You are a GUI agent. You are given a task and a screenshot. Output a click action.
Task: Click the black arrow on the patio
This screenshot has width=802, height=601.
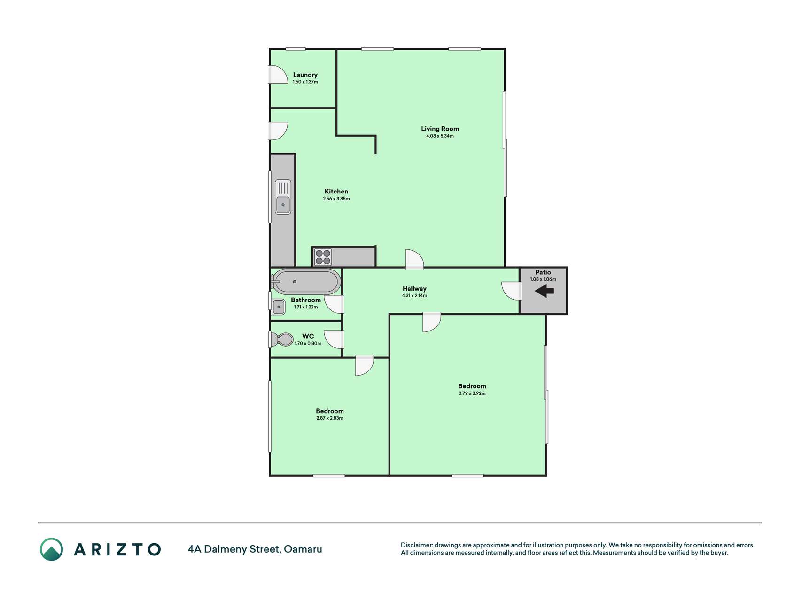(545, 291)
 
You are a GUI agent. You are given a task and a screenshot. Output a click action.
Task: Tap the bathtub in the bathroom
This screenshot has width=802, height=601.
(306, 281)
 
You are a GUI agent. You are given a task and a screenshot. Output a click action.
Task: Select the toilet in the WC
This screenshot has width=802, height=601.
(281, 339)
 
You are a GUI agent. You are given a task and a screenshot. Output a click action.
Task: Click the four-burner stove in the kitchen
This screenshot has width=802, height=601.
(323, 257)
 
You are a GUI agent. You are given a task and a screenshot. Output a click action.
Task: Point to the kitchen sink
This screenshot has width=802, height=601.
(283, 197)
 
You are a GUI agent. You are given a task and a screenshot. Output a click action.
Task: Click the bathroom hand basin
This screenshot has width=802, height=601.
(279, 307)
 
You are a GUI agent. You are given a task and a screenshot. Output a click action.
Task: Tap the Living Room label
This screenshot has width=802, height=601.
(440, 129)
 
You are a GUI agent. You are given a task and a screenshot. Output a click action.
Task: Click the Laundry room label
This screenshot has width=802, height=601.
(305, 75)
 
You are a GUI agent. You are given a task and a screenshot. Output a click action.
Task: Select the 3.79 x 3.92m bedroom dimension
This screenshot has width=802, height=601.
(472, 393)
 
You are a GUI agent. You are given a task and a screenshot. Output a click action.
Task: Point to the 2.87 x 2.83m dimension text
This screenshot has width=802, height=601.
(330, 418)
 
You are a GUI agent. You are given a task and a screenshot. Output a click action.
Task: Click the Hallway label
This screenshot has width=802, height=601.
(414, 288)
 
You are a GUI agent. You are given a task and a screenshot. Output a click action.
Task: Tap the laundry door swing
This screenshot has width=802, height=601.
(278, 75)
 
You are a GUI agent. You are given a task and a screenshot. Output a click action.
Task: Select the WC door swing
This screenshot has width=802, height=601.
(334, 339)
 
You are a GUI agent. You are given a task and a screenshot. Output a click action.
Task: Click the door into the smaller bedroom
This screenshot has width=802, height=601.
(365, 366)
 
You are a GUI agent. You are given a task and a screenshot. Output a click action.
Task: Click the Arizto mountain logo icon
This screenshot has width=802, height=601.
(51, 549)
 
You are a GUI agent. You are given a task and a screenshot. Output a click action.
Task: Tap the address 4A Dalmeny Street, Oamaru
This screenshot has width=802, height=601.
(255, 549)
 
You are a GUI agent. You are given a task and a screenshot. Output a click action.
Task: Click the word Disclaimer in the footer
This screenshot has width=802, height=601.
(416, 545)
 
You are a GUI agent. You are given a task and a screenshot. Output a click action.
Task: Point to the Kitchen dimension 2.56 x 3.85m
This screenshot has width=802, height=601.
(336, 199)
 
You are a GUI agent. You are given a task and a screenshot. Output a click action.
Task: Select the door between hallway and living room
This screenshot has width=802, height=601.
(414, 259)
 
